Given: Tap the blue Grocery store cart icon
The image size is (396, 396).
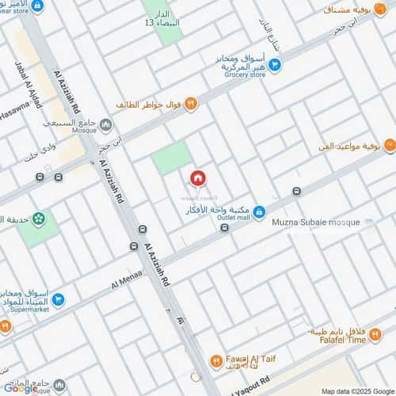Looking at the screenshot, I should point(274,65).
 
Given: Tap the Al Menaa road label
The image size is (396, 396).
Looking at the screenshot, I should point(126,280).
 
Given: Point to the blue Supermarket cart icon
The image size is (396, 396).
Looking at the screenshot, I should point(59,299).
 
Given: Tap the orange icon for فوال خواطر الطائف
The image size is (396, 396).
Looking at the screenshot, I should point(190,105).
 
